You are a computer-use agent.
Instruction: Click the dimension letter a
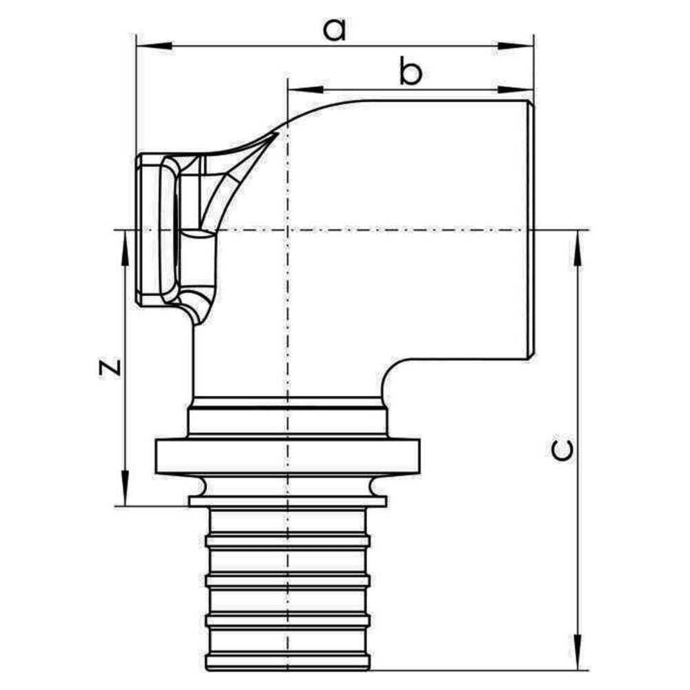(335, 30)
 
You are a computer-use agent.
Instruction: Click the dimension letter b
(410, 70)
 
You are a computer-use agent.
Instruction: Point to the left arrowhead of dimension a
(155, 46)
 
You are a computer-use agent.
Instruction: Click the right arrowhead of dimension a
(515, 46)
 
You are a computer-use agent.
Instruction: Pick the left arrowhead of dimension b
(305, 90)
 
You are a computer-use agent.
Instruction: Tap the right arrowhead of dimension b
(515, 90)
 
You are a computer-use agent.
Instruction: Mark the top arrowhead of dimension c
(578, 248)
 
